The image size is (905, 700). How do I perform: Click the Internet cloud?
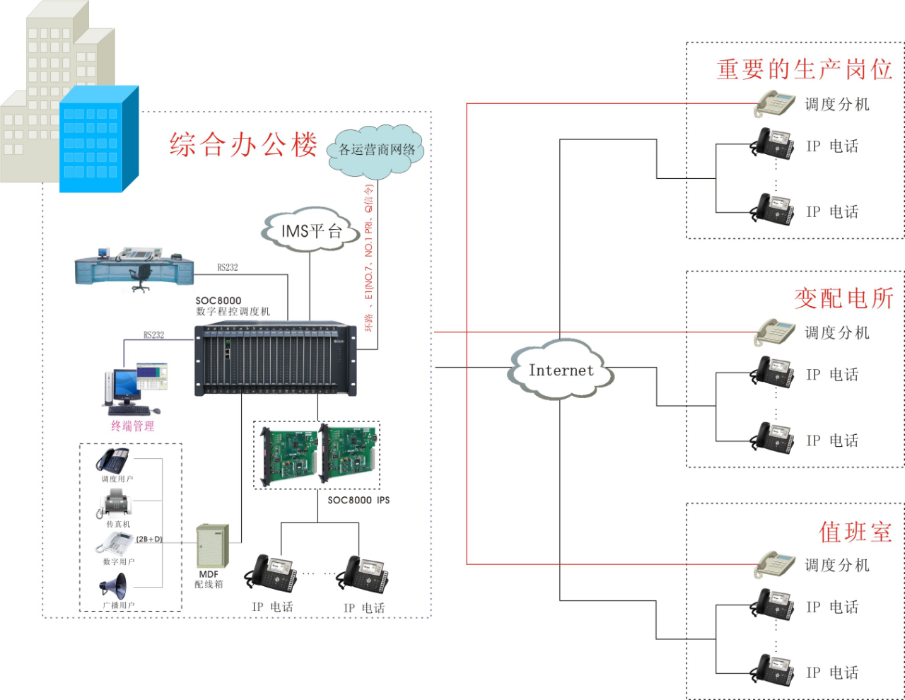[x=561, y=370]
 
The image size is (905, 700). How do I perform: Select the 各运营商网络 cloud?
[x=376, y=150]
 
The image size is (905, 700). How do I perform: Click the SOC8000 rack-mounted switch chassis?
[x=276, y=359]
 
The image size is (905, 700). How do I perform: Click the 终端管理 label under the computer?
[x=132, y=426]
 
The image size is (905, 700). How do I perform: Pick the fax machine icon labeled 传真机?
[x=115, y=504]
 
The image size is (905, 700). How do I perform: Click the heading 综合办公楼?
[x=243, y=145]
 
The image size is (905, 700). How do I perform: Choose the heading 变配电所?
[x=843, y=298]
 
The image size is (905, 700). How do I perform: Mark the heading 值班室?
[x=856, y=532]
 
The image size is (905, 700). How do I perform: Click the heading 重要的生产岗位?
[x=805, y=69]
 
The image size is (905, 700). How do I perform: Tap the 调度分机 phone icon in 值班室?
[x=776, y=565]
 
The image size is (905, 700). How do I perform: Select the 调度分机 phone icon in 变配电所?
[x=776, y=332]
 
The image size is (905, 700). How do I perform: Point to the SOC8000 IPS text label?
[x=358, y=500]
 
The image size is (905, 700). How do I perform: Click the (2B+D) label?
[x=149, y=539]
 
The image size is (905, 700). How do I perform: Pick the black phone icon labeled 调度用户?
[x=113, y=460]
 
